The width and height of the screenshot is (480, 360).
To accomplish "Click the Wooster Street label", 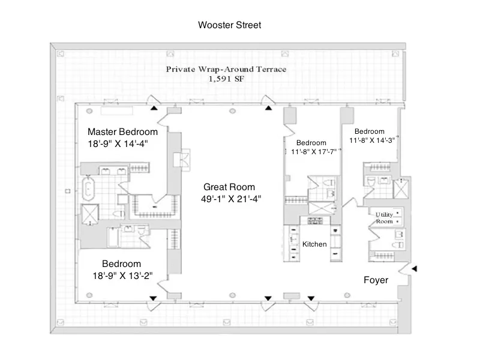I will (229, 25).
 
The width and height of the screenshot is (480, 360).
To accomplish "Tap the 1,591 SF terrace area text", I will (226, 79).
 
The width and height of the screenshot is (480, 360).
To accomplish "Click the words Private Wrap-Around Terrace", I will (226, 69).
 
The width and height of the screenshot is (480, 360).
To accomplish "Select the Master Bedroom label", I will (122, 132).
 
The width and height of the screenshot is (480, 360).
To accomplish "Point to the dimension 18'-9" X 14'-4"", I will (118, 144).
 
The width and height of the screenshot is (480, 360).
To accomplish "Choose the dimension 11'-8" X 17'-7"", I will (312, 152).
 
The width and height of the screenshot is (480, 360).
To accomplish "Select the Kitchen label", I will (314, 244).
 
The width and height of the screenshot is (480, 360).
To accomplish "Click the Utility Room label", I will (384, 218).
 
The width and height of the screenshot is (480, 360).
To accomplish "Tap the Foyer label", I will (376, 280).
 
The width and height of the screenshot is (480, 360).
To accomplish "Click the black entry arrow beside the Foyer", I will (415, 269).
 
